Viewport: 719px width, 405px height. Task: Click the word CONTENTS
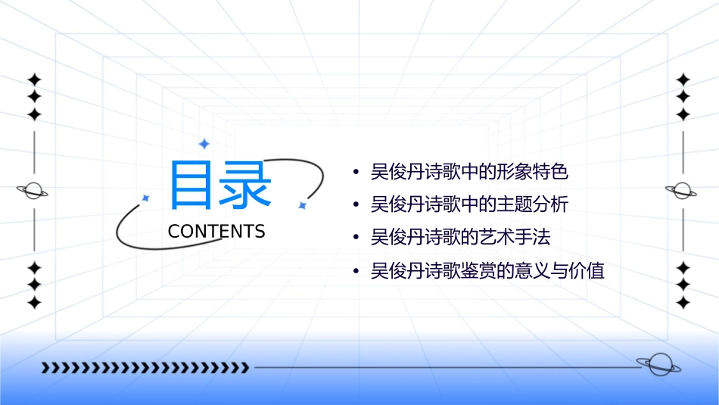click(x=216, y=231)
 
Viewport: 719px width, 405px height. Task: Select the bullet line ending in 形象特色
click(x=469, y=172)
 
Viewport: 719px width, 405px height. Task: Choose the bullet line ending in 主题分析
click(x=469, y=204)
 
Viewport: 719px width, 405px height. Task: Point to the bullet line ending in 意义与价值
click(x=487, y=270)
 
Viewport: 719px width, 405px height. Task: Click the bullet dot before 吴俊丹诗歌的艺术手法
click(x=356, y=238)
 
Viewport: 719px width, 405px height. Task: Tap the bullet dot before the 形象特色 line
click(x=356, y=173)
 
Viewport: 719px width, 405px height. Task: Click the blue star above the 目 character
click(x=203, y=144)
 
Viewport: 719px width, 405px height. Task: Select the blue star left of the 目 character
click(x=146, y=198)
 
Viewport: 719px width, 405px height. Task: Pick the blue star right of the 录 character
click(x=301, y=205)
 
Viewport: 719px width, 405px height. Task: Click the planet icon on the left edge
click(x=33, y=191)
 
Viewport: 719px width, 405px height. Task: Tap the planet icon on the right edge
click(x=683, y=191)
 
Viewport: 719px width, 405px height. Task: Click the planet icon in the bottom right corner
click(x=658, y=365)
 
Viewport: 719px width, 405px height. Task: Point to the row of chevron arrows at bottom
click(x=145, y=368)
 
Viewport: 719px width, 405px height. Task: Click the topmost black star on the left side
click(x=34, y=79)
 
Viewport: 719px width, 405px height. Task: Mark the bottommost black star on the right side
click(x=683, y=303)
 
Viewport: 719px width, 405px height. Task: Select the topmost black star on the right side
click(x=683, y=79)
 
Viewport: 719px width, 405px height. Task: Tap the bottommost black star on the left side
click(x=34, y=303)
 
